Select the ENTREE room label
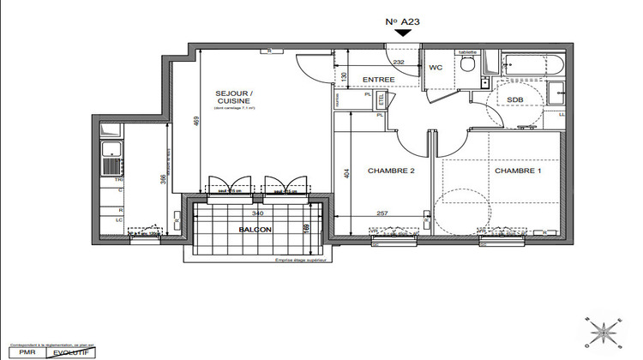(378, 80)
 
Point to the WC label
(436, 66)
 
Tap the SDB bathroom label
(514, 99)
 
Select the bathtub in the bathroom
(532, 64)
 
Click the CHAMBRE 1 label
(517, 171)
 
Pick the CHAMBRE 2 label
(391, 171)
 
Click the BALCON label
(255, 230)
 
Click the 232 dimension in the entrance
(399, 62)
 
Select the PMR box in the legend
(16, 351)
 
